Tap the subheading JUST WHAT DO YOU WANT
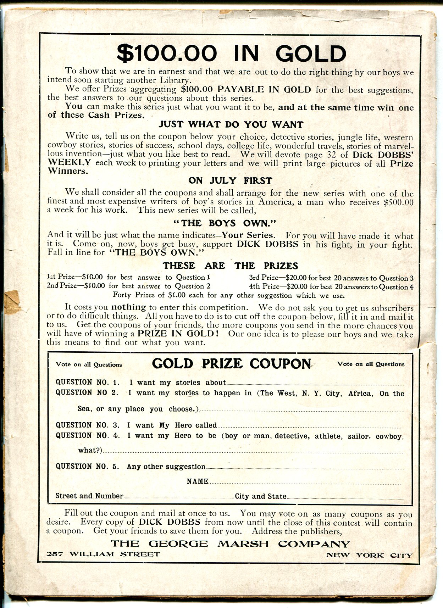pyautogui.click(x=231, y=124)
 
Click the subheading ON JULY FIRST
pyautogui.click(x=230, y=180)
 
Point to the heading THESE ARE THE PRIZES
pyautogui.click(x=230, y=266)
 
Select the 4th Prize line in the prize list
pyautogui.click(x=331, y=287)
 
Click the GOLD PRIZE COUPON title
pyautogui.click(x=231, y=364)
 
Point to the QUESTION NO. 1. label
pyautogui.click(x=88, y=382)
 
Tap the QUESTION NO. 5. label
pyautogui.click(x=88, y=466)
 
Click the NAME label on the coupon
pyautogui.click(x=197, y=481)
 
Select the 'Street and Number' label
pyautogui.click(x=89, y=496)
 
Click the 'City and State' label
pyautogui.click(x=260, y=496)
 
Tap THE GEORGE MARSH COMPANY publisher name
pyautogui.click(x=230, y=544)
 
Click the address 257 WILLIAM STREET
pyautogui.click(x=103, y=554)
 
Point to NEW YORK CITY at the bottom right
pyautogui.click(x=369, y=555)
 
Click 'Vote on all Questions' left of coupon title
pyautogui.click(x=89, y=364)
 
